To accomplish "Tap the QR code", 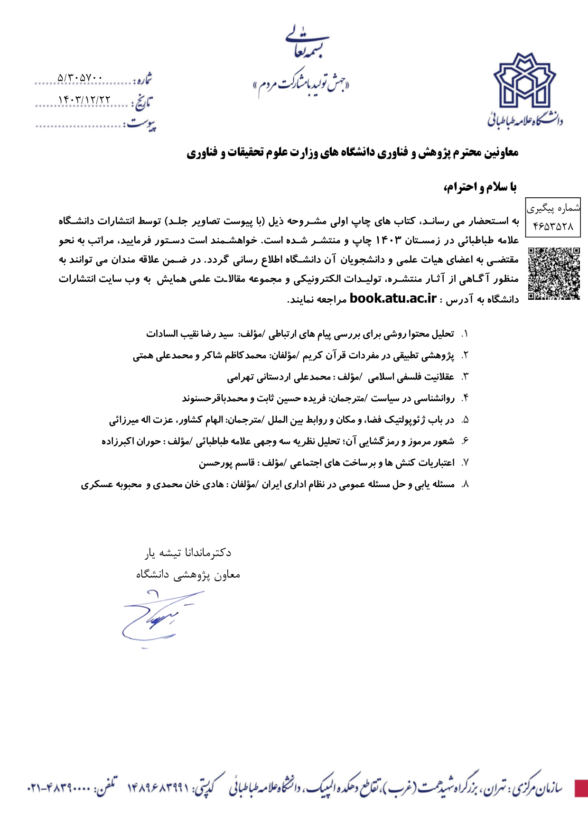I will tap(553, 274).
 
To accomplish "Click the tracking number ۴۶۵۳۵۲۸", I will tap(553, 226).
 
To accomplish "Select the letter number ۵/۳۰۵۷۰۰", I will tap(80, 77).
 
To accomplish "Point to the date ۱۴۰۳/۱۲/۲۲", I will tap(84, 100).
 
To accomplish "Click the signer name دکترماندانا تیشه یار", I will tap(188, 553).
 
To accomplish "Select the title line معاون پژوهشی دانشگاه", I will tap(188, 574).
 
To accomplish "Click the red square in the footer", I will tap(581, 788).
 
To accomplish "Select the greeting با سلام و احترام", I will tap(479, 187).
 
